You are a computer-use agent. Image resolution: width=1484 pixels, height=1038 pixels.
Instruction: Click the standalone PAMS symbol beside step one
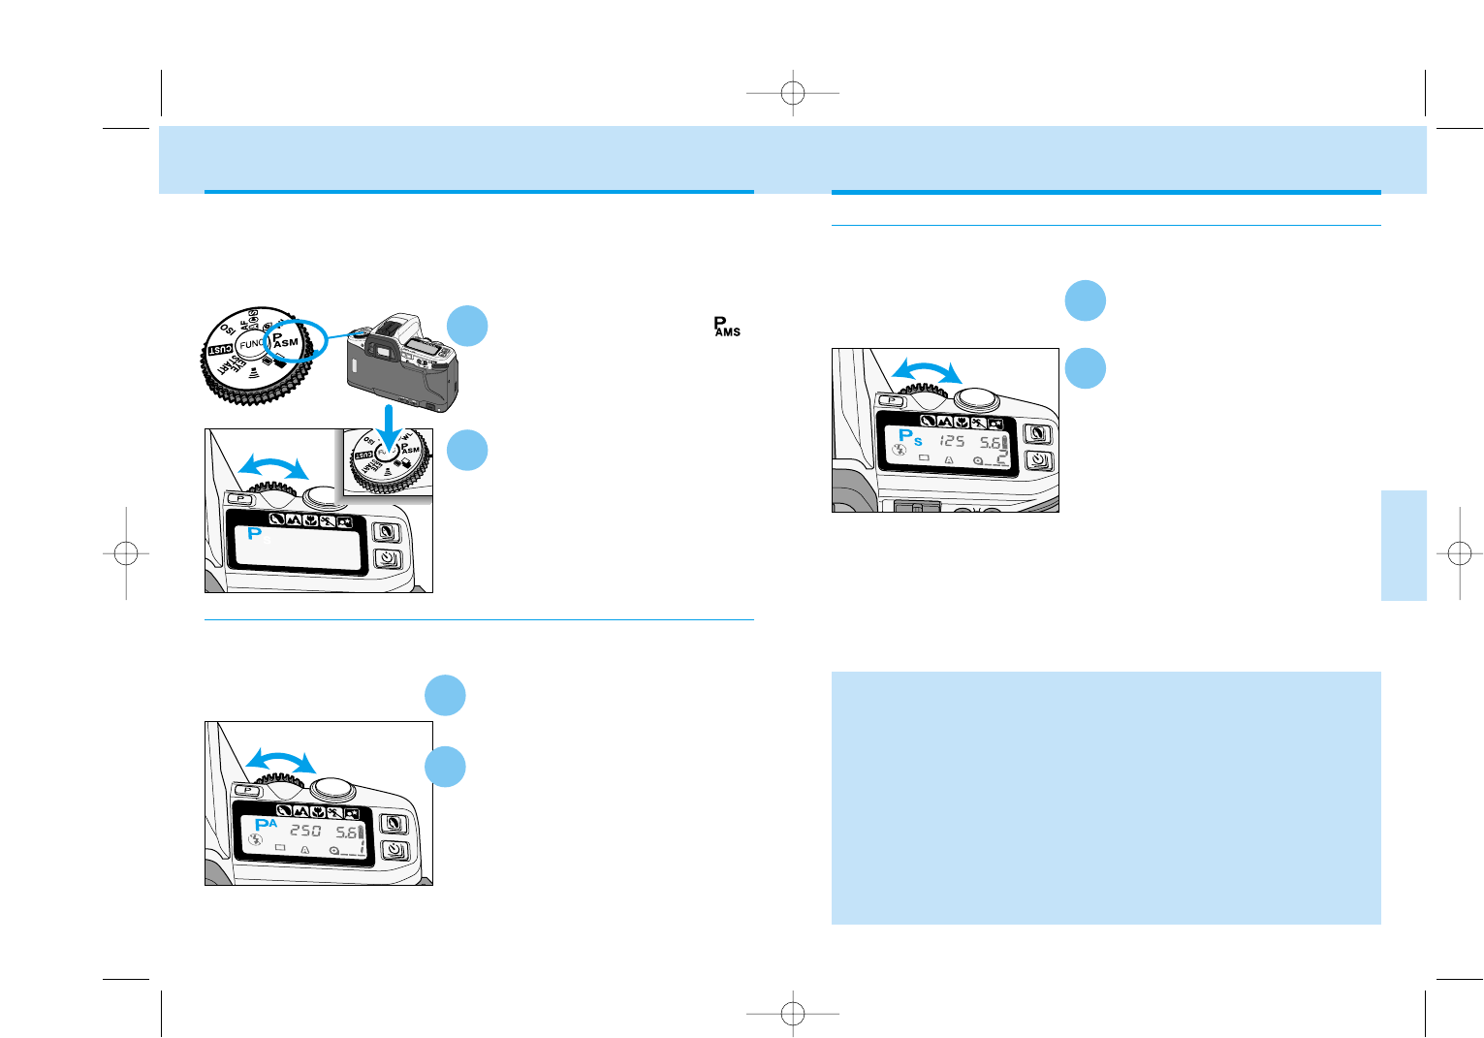coord(726,327)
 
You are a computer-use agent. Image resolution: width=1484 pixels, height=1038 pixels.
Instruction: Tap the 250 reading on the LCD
coord(305,832)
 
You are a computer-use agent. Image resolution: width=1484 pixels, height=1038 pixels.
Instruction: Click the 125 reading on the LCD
coord(951,441)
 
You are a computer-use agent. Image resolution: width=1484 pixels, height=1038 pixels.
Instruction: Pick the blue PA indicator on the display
coord(265,826)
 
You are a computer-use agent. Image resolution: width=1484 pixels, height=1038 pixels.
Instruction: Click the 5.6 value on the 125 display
coord(989,443)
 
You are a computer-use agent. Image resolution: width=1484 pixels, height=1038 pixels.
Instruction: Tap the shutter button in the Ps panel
coord(976,397)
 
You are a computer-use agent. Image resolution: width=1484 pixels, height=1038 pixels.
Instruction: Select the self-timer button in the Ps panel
coord(1038,461)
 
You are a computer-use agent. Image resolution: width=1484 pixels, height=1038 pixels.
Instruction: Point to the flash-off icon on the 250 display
coord(256,840)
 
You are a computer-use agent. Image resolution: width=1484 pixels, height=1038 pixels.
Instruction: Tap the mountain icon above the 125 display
coord(945,422)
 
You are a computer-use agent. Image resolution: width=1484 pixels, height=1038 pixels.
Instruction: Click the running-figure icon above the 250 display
coord(333,811)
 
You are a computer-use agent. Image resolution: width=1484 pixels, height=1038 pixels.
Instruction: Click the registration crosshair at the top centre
coord(793,93)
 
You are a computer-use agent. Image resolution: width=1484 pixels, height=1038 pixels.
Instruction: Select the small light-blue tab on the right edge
coord(1404,546)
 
